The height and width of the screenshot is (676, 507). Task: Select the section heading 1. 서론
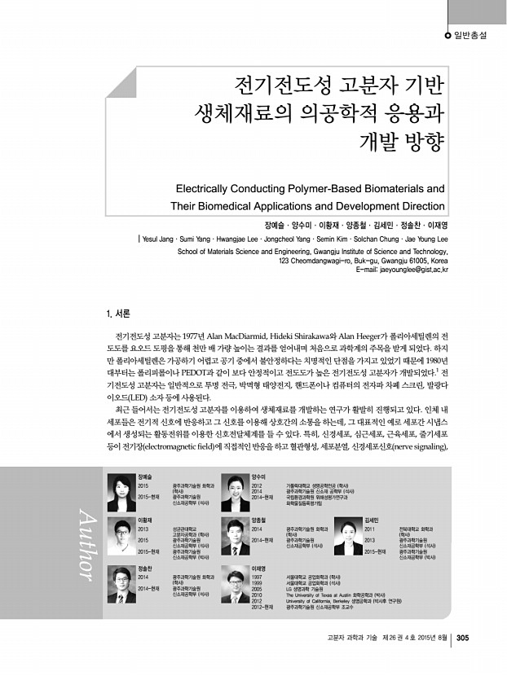[119, 314]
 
